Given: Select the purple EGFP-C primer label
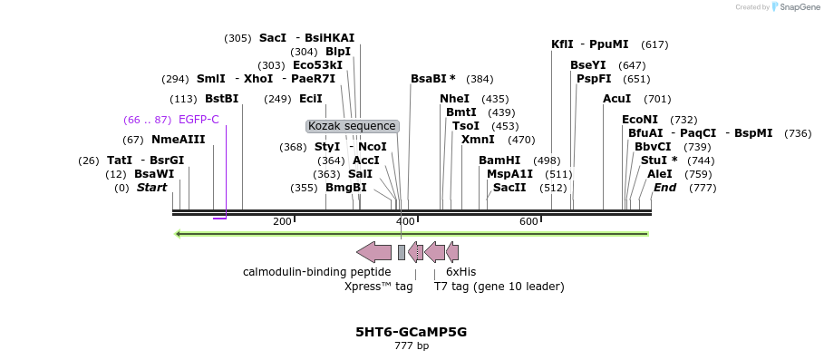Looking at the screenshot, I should pos(199,120).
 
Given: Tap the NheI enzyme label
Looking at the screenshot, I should pos(455,99).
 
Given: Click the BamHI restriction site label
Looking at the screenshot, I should pos(499,161).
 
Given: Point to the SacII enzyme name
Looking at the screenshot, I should pos(509,188).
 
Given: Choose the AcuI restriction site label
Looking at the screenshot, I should pos(617,99).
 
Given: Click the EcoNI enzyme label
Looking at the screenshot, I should pos(640,120).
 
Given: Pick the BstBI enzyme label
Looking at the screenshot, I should pos(222,99).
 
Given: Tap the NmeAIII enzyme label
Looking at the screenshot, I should pos(179,140).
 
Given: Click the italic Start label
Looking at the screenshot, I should pos(152,188).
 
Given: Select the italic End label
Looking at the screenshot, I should pos(664,188).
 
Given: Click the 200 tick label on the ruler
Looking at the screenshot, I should pos(282,221).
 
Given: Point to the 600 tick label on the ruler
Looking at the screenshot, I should pos(528,221).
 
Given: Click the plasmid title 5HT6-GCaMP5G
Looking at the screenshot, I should pos(412,332).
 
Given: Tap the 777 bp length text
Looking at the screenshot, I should pos(412,346).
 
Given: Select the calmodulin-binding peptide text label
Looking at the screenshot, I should pos(317,272).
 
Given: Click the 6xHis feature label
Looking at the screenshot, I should pos(460,272).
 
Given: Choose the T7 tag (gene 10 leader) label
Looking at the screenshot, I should pos(499,287).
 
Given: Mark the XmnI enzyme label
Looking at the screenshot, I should pos(478,140).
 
